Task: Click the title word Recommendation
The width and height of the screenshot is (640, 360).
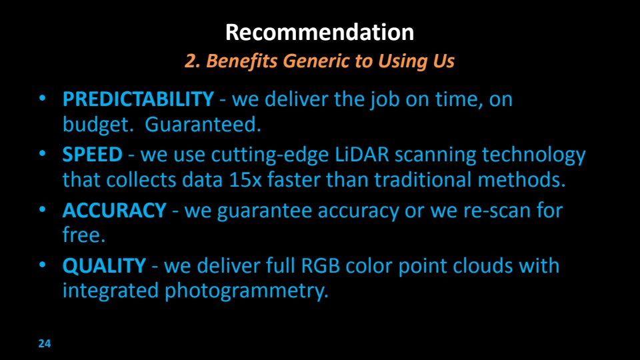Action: (x=319, y=32)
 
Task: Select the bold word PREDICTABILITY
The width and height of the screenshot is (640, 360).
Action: (x=138, y=99)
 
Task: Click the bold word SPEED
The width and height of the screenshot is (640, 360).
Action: (x=92, y=155)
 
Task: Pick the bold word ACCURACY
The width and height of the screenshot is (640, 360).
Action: (x=114, y=211)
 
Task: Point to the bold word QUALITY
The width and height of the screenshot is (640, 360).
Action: (x=104, y=266)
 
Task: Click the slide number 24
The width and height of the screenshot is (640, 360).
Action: (x=45, y=344)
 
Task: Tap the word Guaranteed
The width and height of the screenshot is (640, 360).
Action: (x=203, y=124)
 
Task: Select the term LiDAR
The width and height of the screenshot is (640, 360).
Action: (x=362, y=155)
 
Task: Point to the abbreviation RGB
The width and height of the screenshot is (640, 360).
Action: (x=321, y=266)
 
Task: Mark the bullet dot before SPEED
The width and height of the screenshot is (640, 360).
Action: (x=43, y=154)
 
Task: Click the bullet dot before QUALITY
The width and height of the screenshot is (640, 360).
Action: (x=43, y=265)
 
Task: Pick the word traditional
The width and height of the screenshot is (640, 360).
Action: (x=423, y=179)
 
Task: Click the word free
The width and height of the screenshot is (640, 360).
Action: (x=84, y=235)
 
